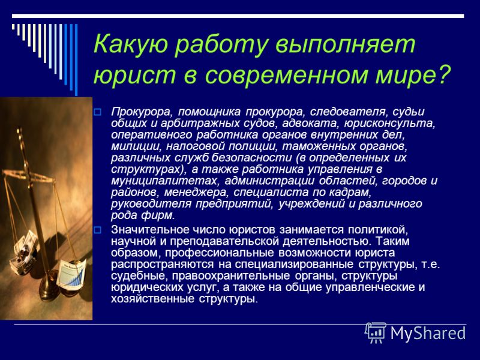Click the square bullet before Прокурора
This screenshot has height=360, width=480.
[97, 112]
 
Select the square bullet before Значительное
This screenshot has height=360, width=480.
[97, 230]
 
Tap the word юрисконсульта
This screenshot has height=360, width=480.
[389, 124]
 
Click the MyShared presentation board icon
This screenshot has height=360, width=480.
[376, 332]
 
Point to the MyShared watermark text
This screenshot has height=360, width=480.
[428, 333]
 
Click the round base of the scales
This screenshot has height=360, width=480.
[49, 290]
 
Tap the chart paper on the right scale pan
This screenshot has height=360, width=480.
[71, 273]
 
